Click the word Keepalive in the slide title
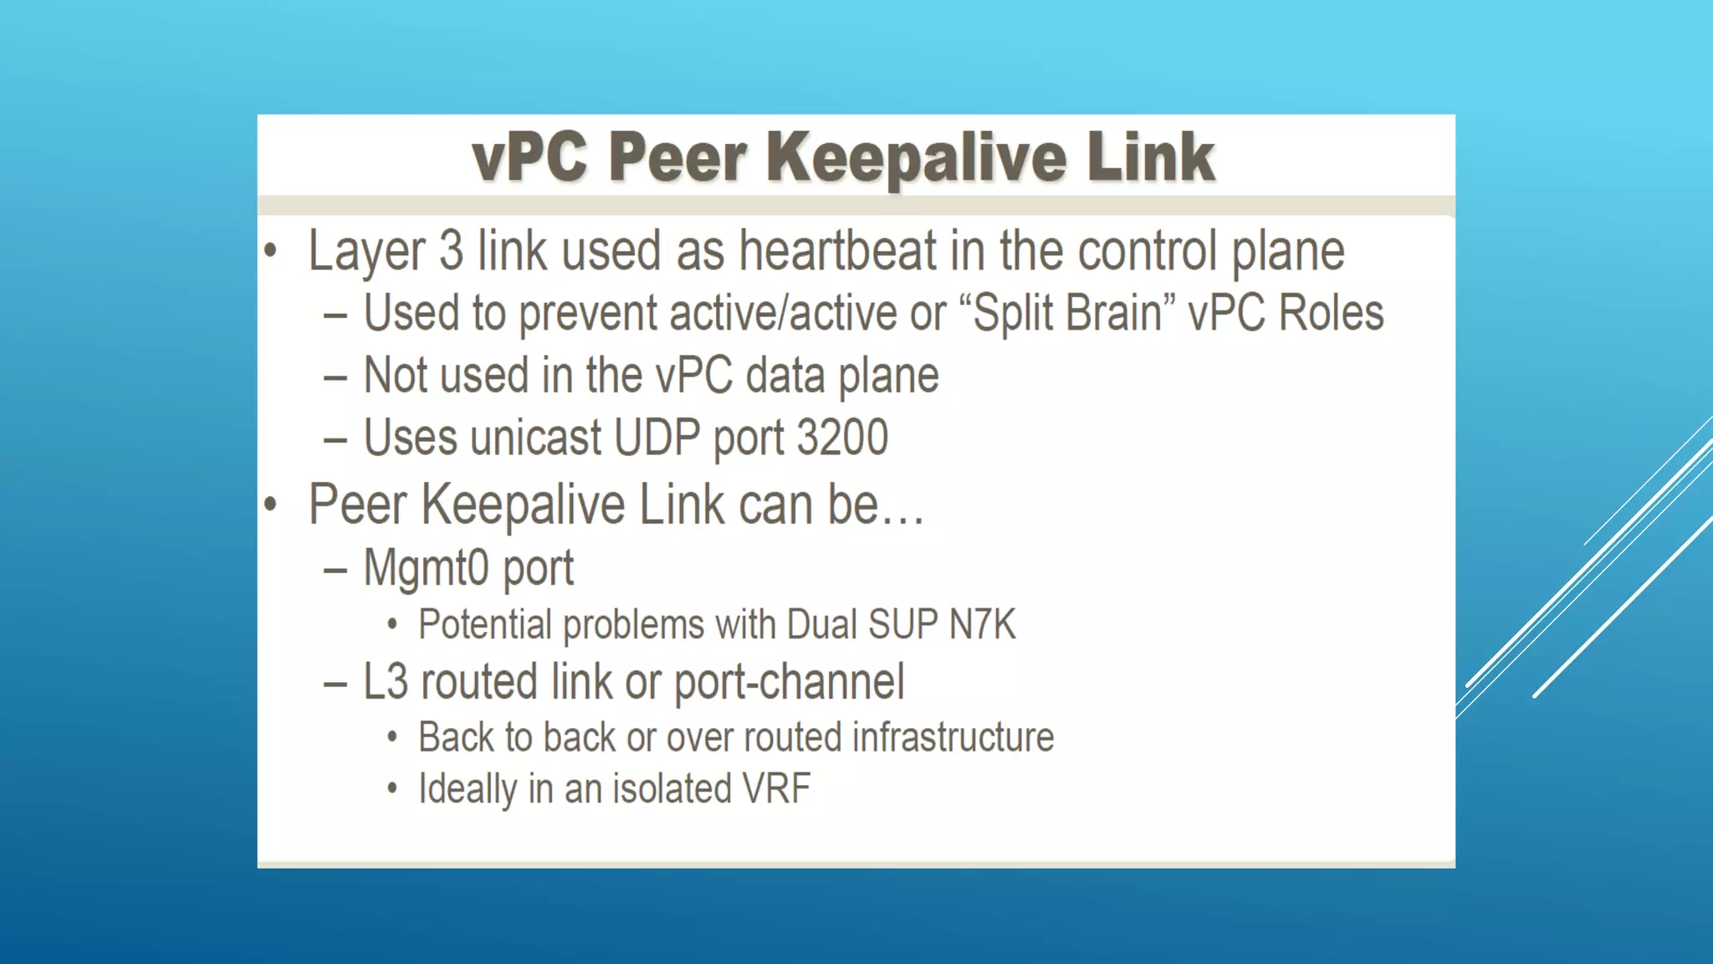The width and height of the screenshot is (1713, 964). tap(917, 157)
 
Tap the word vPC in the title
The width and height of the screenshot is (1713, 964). tap(529, 157)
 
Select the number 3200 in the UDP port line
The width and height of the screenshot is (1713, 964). tap(842, 437)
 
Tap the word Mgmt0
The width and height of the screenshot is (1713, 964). tap(426, 567)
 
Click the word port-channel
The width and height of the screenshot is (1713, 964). tap(789, 681)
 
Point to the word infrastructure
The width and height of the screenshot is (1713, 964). tap(953, 737)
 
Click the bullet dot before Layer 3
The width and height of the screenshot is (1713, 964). tap(270, 250)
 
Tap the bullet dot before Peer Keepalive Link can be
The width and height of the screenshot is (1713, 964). tap(270, 504)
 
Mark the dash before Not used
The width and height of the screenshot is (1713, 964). tap(335, 377)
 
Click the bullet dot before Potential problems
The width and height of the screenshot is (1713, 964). tap(391, 624)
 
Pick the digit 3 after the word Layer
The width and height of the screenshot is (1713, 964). tap(451, 250)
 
